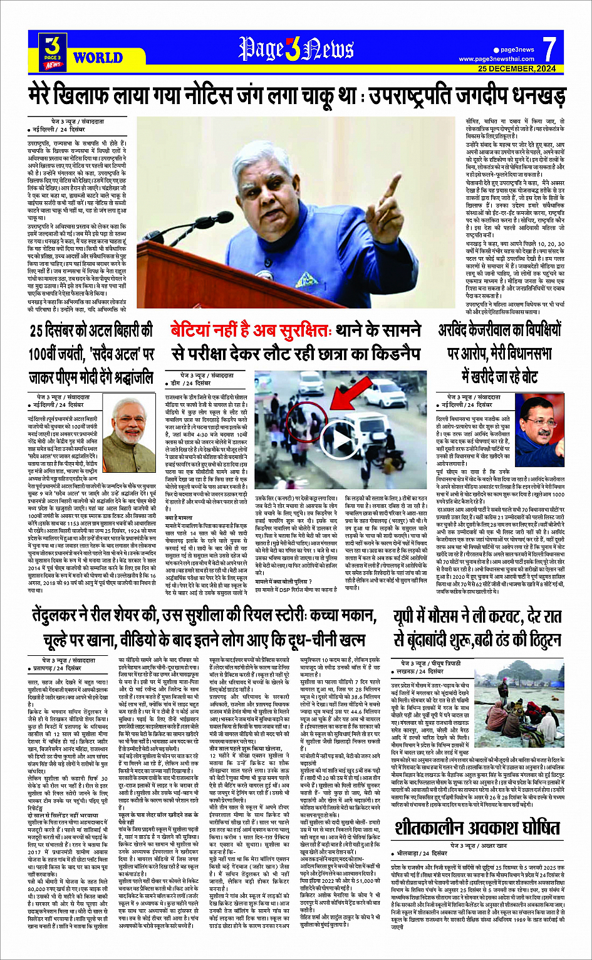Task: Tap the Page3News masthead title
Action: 296,50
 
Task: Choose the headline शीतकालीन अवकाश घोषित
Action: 477,828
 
